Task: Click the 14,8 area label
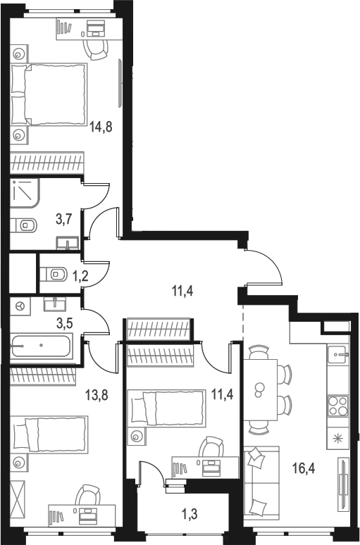(101, 128)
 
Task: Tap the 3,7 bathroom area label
(64, 219)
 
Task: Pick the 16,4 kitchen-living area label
(305, 464)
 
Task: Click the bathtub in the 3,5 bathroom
(41, 347)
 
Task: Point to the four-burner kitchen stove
(335, 407)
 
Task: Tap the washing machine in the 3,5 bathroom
(20, 305)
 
